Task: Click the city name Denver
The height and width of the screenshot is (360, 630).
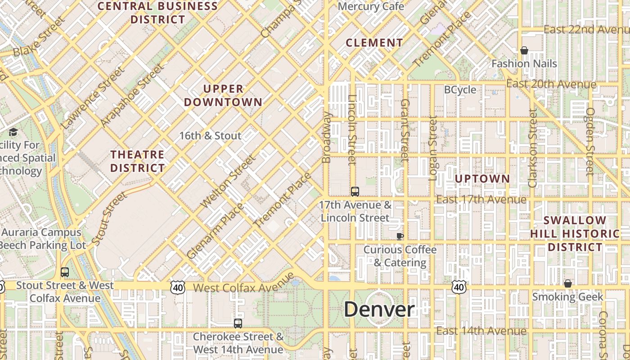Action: (x=379, y=309)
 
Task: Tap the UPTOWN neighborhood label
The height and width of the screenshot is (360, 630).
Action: (x=482, y=179)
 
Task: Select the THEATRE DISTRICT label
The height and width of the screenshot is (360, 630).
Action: (x=138, y=161)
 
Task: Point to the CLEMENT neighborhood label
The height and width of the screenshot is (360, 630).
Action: (x=374, y=43)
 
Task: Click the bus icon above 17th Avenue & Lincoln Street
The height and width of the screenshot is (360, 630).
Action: (x=355, y=192)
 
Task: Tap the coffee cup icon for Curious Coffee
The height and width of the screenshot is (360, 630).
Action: (x=400, y=236)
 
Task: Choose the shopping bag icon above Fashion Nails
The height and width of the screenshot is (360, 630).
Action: (x=524, y=50)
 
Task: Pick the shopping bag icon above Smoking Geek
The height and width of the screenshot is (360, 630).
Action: (x=568, y=283)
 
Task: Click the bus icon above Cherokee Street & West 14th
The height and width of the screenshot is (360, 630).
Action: (x=238, y=323)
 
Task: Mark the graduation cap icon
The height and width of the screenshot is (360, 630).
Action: (x=13, y=132)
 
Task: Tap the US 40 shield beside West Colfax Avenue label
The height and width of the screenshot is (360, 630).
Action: (x=178, y=287)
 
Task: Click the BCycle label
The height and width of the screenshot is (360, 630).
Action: (x=460, y=90)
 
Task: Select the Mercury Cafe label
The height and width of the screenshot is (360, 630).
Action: (x=371, y=6)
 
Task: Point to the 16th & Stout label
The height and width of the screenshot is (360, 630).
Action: (x=210, y=135)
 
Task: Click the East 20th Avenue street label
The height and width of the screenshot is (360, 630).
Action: (x=551, y=84)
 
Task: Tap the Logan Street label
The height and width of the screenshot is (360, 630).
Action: (x=433, y=148)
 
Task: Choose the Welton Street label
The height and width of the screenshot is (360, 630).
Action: (x=229, y=181)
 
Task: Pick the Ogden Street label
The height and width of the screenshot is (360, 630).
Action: (x=590, y=141)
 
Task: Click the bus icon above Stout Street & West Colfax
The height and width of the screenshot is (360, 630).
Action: (x=65, y=272)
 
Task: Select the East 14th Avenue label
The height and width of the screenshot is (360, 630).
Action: (x=481, y=331)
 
